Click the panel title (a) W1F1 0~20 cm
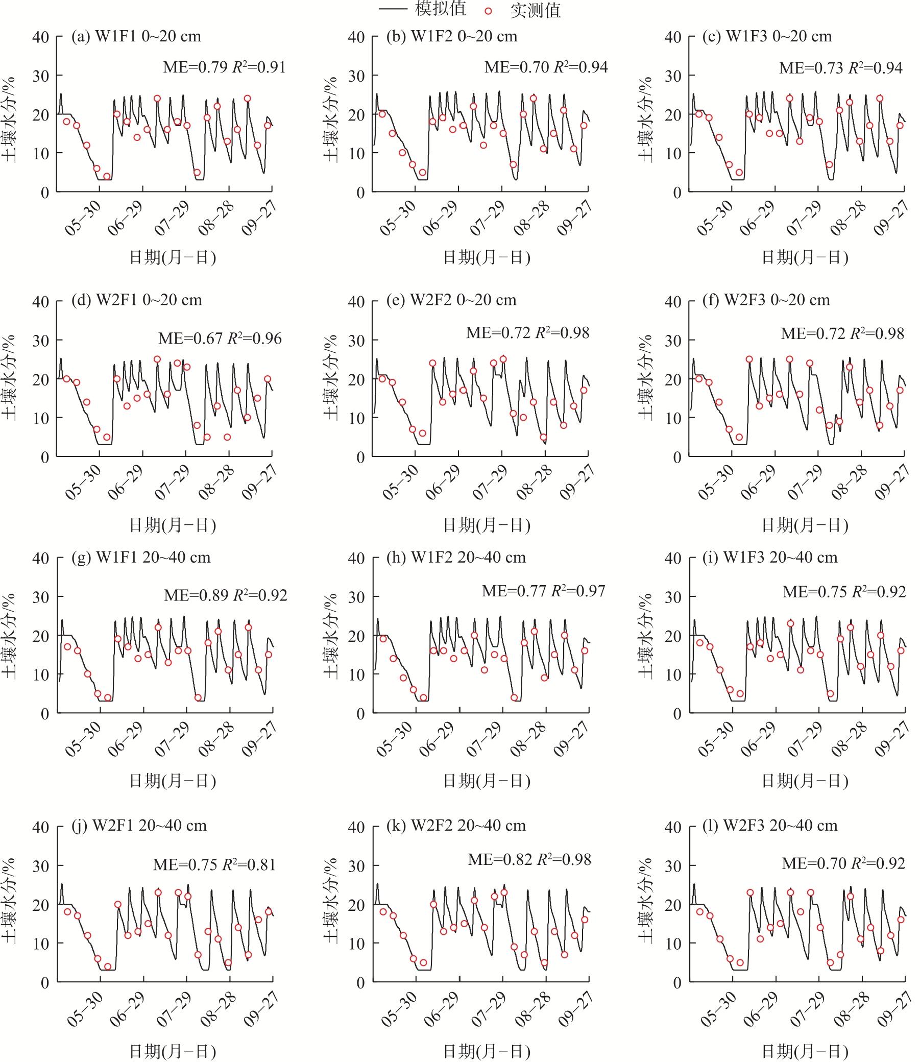(136, 36)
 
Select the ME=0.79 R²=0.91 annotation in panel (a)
(224, 67)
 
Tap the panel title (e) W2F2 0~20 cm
(451, 300)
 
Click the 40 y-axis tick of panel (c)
(673, 37)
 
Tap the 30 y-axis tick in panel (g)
(40, 597)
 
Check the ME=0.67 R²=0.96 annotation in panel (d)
(220, 339)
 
